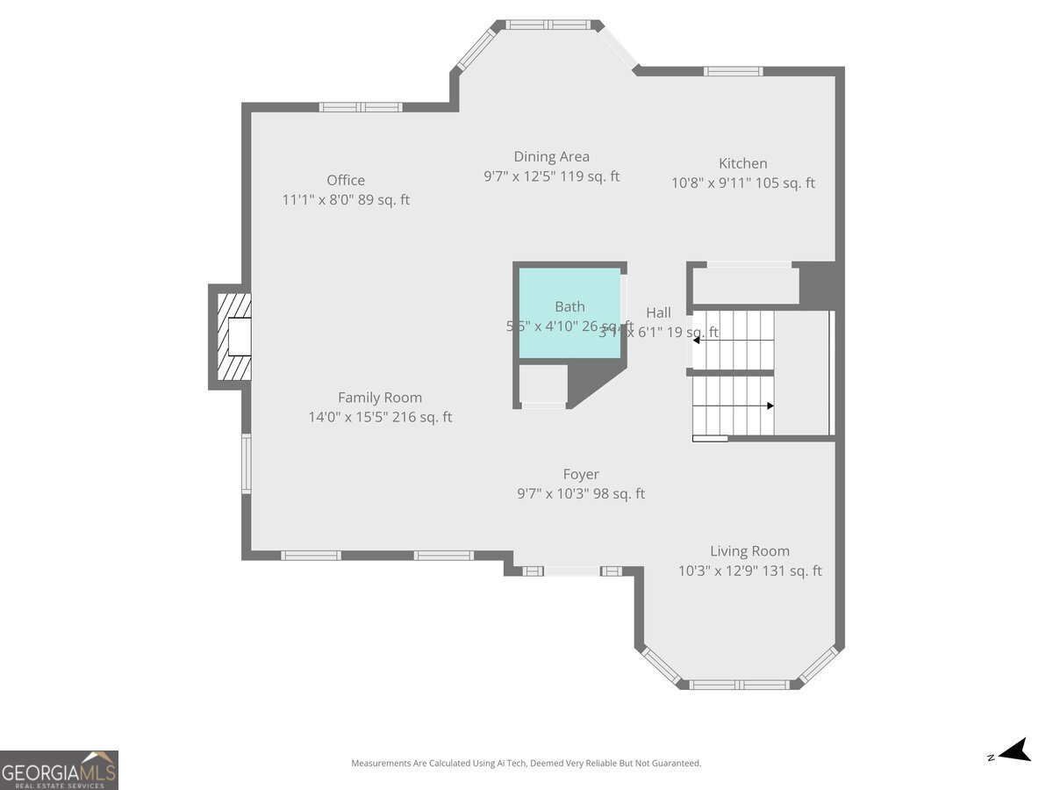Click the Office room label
pos(346,181)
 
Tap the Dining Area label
pos(551,157)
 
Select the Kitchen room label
pos(742,163)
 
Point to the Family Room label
pos(380,398)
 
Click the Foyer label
pos(581,475)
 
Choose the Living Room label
pos(749,551)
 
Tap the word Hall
pos(658,312)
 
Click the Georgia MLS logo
pos(59,770)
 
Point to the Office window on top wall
pos(361,107)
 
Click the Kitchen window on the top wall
pos(734,71)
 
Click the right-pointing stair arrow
pos(769,406)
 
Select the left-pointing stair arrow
pos(697,340)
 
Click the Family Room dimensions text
pos(380,418)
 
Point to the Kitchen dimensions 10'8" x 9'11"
pos(742,183)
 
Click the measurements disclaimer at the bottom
pos(526,764)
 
